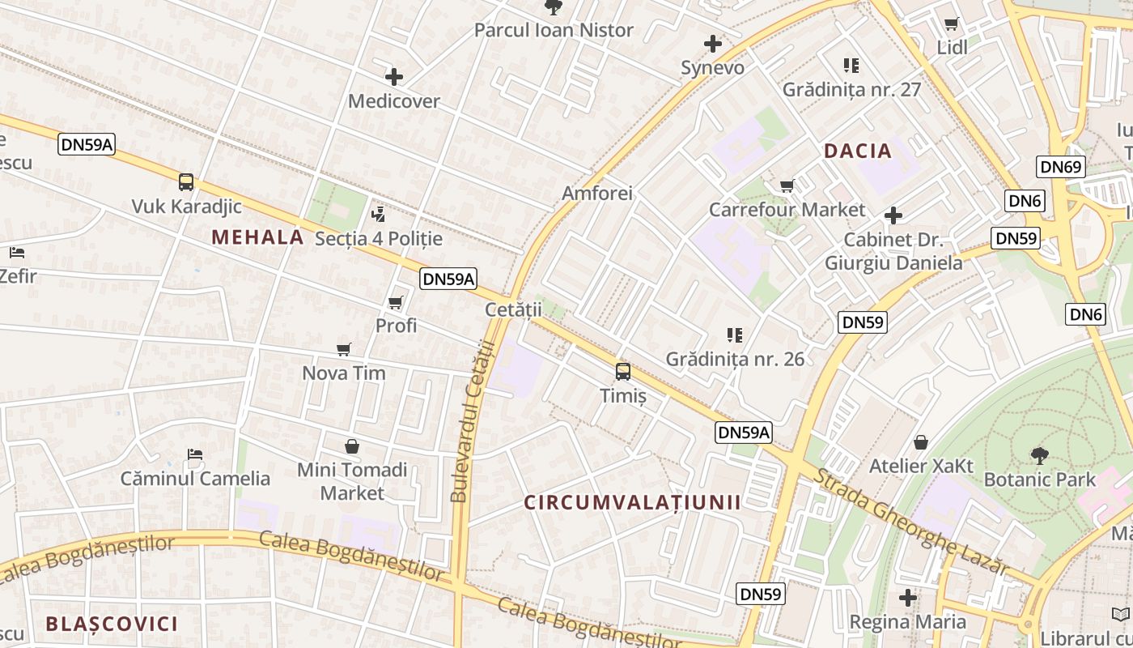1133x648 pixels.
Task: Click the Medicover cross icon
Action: [394, 77]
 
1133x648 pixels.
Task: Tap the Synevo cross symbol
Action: [713, 43]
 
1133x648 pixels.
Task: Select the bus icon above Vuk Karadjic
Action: [186, 182]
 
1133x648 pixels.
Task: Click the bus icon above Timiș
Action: [623, 372]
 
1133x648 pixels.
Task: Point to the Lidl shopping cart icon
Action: [952, 23]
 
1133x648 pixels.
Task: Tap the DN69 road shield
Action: [1061, 167]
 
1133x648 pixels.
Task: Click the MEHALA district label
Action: [257, 237]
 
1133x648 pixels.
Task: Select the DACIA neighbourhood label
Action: [858, 151]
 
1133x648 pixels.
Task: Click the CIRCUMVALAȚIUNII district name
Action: [632, 502]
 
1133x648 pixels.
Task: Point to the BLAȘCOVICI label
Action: [112, 624]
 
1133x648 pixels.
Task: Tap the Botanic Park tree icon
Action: [1039, 455]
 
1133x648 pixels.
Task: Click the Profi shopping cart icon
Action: [396, 302]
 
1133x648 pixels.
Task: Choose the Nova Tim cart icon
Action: [344, 350]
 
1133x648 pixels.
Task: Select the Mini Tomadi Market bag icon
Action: [352, 446]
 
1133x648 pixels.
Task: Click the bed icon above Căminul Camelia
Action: [195, 454]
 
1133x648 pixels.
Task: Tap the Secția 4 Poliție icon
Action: [378, 215]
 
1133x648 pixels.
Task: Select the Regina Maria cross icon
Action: [908, 598]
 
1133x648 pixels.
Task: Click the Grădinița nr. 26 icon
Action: [735, 335]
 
